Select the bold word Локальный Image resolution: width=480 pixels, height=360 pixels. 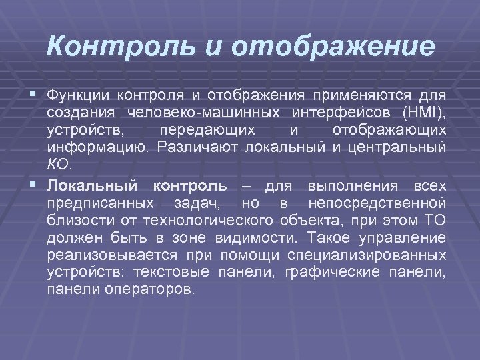click(x=93, y=185)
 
